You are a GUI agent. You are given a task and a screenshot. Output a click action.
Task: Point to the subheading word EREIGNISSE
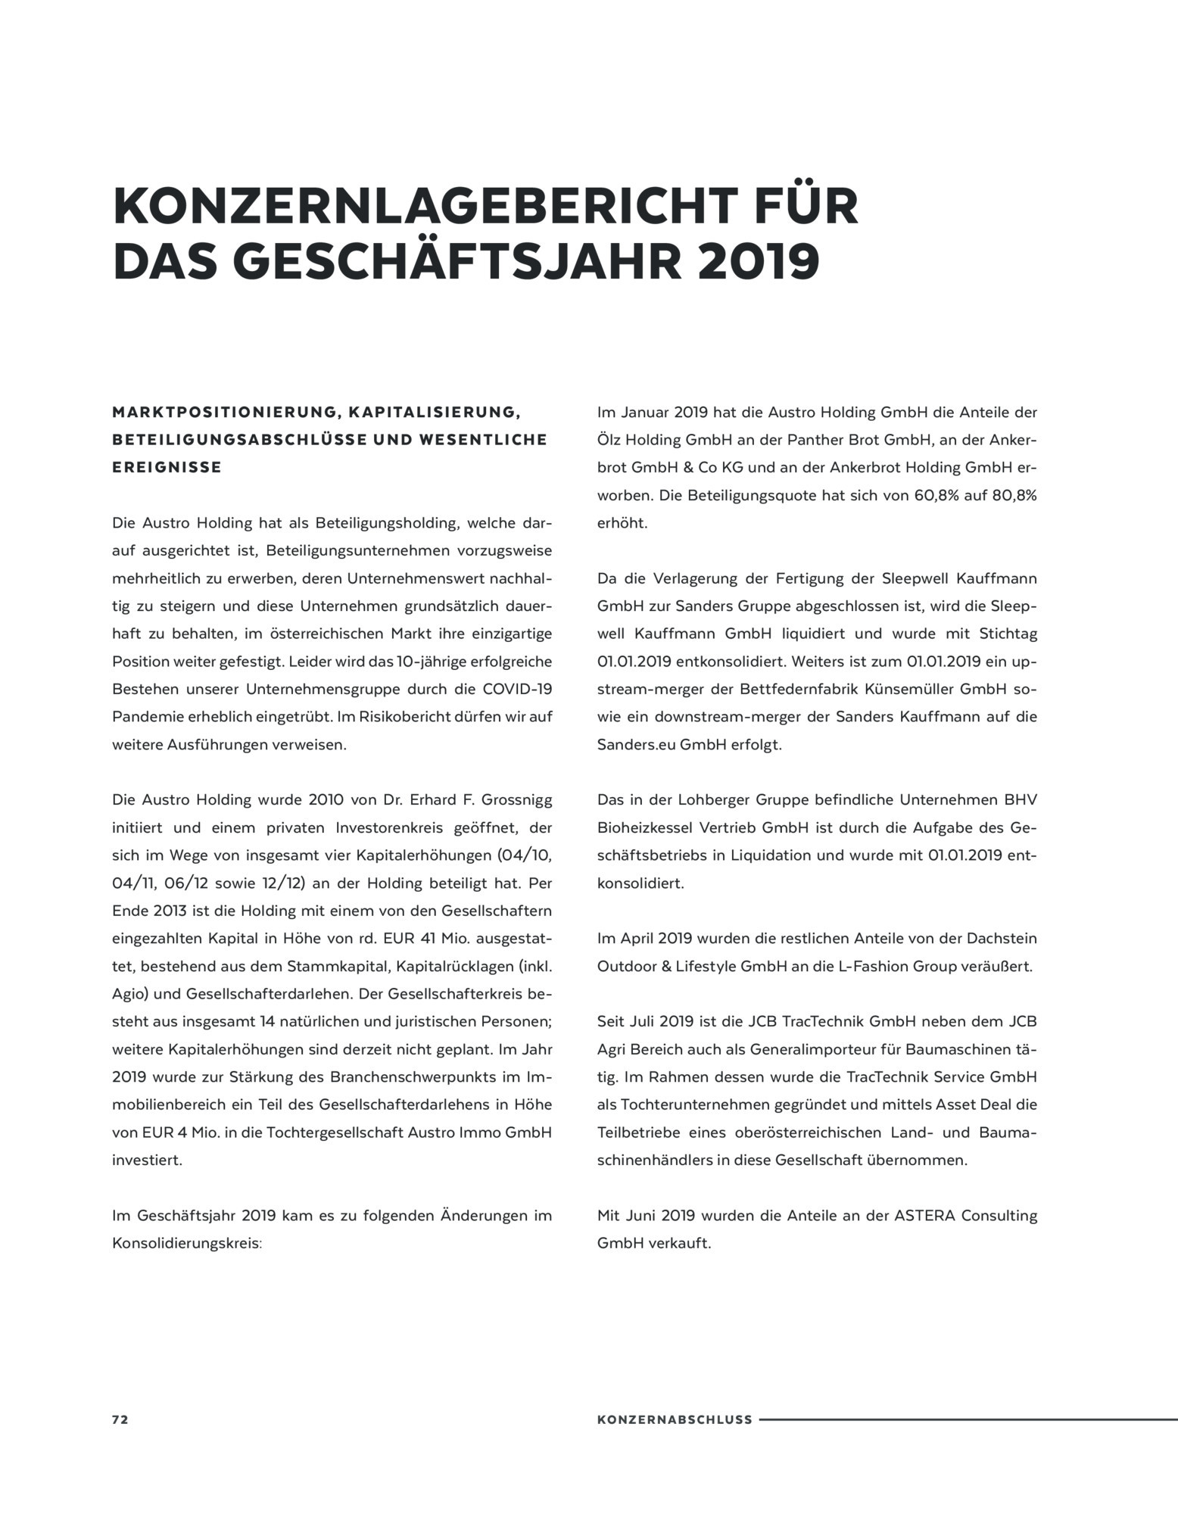tap(167, 467)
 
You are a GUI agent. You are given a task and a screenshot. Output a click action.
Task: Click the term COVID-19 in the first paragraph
tap(517, 689)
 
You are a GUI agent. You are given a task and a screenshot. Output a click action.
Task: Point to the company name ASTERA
tap(926, 1215)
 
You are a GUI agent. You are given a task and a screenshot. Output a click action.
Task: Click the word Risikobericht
tap(409, 716)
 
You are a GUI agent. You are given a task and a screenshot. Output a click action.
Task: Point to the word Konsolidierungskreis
tap(186, 1243)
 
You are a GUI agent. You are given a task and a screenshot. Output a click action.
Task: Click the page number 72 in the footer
tap(120, 1419)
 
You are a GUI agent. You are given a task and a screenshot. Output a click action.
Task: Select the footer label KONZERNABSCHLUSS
tap(675, 1419)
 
